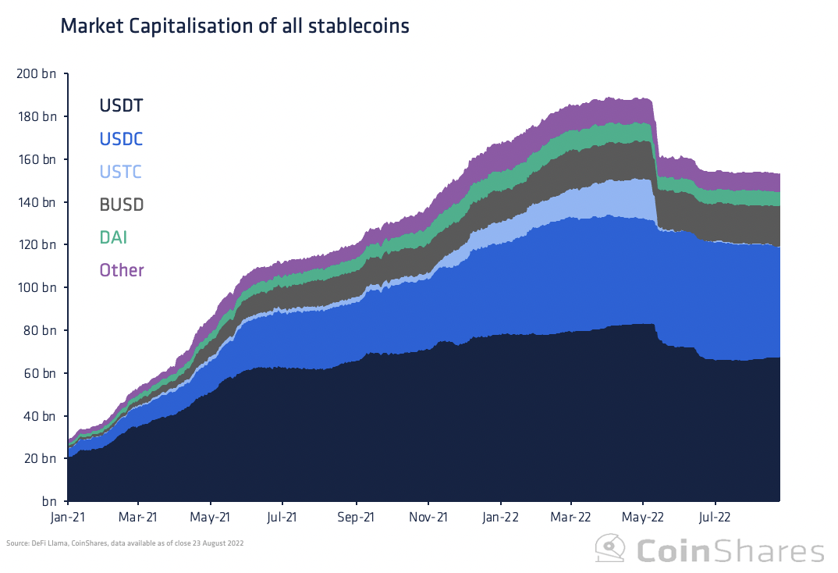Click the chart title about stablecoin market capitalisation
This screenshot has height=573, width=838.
coord(234,27)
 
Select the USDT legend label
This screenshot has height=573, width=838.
coord(121,105)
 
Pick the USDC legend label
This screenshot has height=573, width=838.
coord(121,139)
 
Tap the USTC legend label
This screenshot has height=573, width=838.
coord(120,172)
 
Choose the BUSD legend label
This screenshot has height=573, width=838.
coord(121,205)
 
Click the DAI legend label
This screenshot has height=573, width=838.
coord(112,237)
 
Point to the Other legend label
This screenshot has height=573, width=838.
coord(121,270)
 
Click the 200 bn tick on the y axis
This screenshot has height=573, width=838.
coord(36,74)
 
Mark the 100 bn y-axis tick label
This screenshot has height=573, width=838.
coord(36,288)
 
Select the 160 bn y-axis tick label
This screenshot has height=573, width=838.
coord(36,160)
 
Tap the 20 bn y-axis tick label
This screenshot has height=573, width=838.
coord(39,459)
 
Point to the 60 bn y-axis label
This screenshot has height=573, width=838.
coord(39,374)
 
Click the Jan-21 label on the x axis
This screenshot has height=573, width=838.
coord(67,517)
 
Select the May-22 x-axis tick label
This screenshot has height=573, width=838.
coord(642,517)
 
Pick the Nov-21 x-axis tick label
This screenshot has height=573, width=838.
coord(428,517)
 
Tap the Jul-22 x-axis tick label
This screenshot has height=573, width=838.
coord(714,517)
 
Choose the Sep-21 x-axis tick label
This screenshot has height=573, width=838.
coord(356,517)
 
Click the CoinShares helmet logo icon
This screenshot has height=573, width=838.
coord(610,550)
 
